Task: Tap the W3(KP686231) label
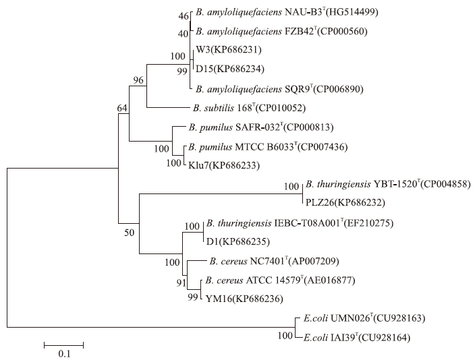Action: point(228,50)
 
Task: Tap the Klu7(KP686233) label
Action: point(229,163)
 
